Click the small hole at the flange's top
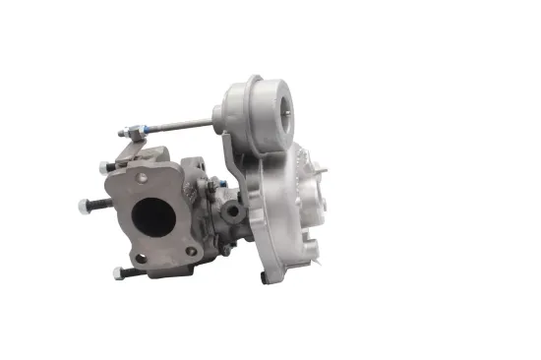pyautogui.click(x=144, y=177)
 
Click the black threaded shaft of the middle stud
pyautogui.click(x=98, y=204)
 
